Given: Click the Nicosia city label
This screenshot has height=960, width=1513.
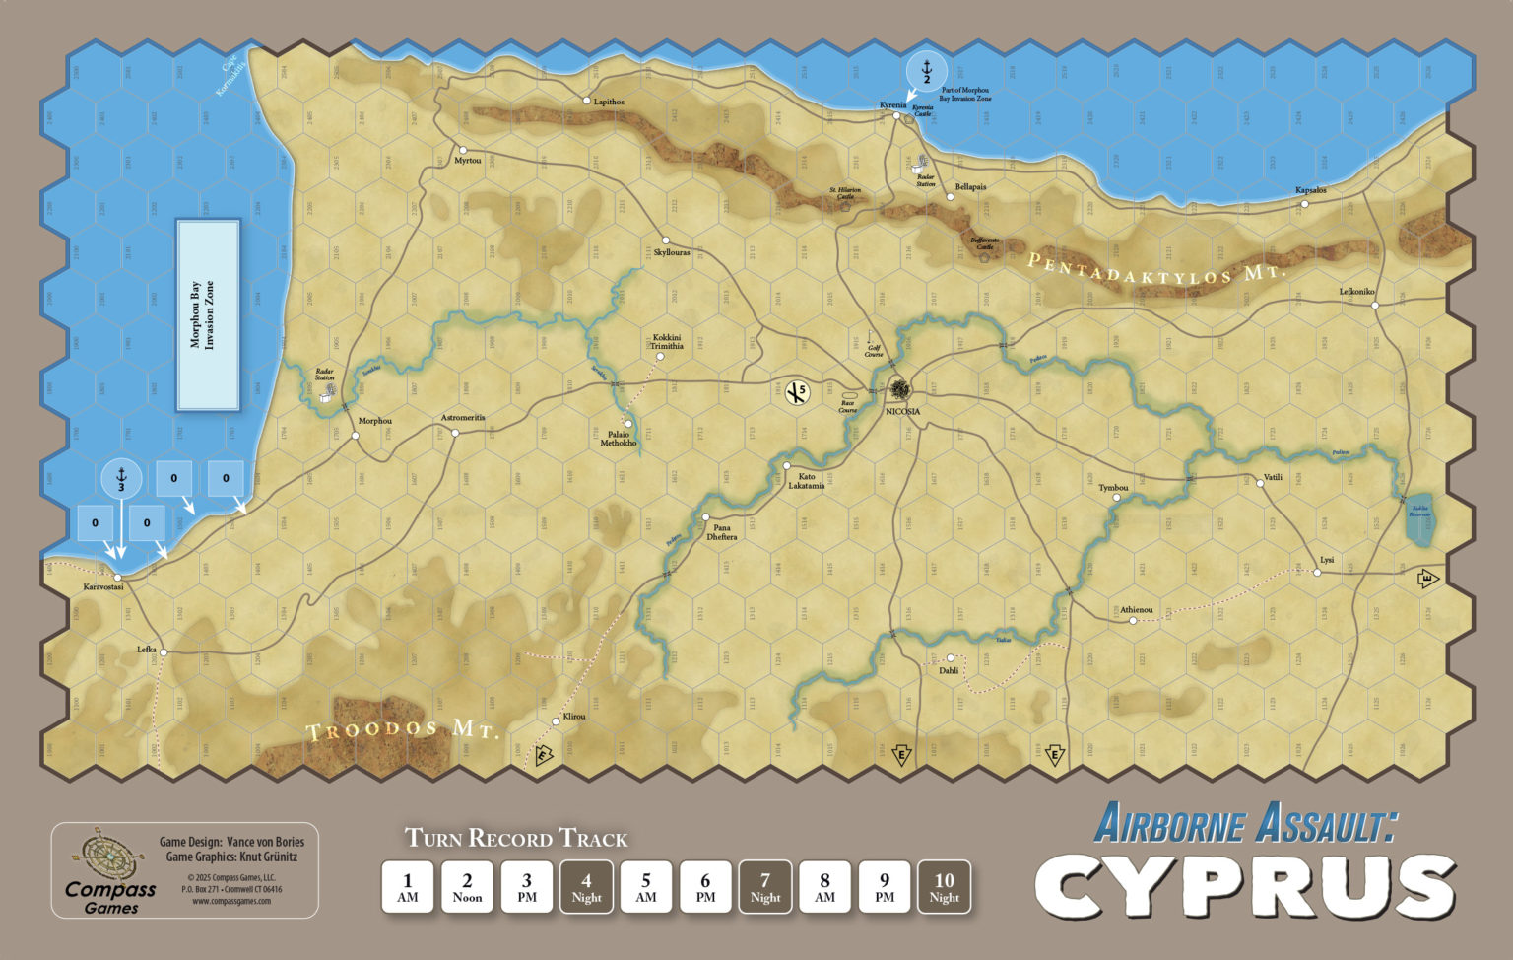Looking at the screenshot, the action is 902,411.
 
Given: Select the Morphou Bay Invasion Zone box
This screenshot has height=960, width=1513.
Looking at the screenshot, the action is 208,315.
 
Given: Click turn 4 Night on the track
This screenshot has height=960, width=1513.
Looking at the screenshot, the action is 586,887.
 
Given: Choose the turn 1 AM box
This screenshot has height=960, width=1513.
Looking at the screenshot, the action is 408,887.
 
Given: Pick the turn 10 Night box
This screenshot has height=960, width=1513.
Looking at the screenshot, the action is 944,887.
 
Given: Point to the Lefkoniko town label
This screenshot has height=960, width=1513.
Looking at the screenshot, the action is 1356,292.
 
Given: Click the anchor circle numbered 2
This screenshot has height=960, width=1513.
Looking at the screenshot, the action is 926,69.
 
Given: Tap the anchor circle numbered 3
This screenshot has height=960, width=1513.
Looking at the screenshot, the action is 121,480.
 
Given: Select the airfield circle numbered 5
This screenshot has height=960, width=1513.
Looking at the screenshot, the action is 796,393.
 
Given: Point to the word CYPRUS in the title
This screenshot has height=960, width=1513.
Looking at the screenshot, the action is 1244,885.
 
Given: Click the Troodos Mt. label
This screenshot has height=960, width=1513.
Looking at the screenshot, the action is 403,730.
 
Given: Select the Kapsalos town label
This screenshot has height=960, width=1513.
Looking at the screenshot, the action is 1311,190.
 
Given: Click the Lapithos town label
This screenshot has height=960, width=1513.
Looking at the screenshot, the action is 609,102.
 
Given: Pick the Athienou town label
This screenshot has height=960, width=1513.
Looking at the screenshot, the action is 1136,610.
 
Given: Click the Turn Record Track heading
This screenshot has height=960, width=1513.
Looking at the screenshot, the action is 516,839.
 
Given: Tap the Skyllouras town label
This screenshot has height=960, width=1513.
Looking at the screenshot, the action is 672,252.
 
